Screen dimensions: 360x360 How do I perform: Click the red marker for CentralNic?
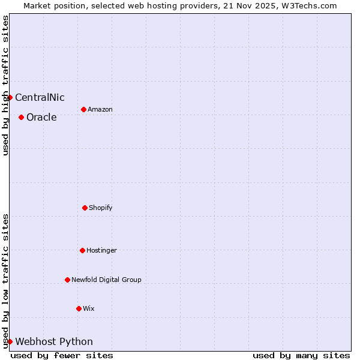[x=10, y=97]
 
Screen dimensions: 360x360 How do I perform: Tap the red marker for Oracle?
[x=21, y=117]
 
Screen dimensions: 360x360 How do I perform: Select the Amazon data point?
[x=83, y=109]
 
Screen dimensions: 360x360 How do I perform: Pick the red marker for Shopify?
[x=85, y=208]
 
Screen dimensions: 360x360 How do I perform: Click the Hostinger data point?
[x=82, y=250]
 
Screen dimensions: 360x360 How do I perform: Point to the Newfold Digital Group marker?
[x=67, y=280]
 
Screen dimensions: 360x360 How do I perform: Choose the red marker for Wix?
[x=79, y=308]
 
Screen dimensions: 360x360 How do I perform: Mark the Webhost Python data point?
[x=10, y=341]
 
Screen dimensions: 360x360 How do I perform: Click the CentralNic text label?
[x=40, y=98]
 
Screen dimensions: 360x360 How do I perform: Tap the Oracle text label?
[x=41, y=118]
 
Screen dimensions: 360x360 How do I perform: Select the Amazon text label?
[x=100, y=110]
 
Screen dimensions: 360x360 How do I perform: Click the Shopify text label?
[x=101, y=208]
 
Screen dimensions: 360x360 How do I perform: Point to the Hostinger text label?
[x=101, y=251]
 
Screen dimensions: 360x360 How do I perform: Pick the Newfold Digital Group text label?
[x=106, y=280]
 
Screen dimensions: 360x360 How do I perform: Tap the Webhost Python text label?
[x=54, y=342]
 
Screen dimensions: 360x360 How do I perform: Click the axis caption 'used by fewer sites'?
[x=62, y=355]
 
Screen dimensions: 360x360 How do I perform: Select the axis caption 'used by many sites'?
[x=301, y=355]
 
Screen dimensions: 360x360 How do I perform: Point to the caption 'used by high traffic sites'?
[x=5, y=85]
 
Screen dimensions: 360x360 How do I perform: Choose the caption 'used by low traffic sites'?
[x=5, y=281]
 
